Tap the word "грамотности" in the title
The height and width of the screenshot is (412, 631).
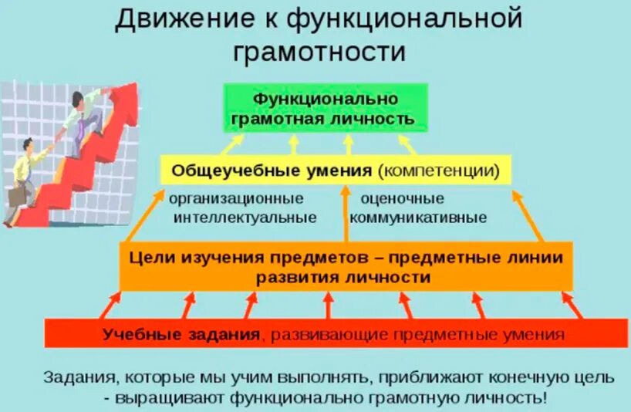click(x=319, y=52)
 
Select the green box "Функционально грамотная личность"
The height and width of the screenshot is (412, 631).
click(x=326, y=109)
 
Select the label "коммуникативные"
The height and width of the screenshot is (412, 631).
click(x=418, y=218)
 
